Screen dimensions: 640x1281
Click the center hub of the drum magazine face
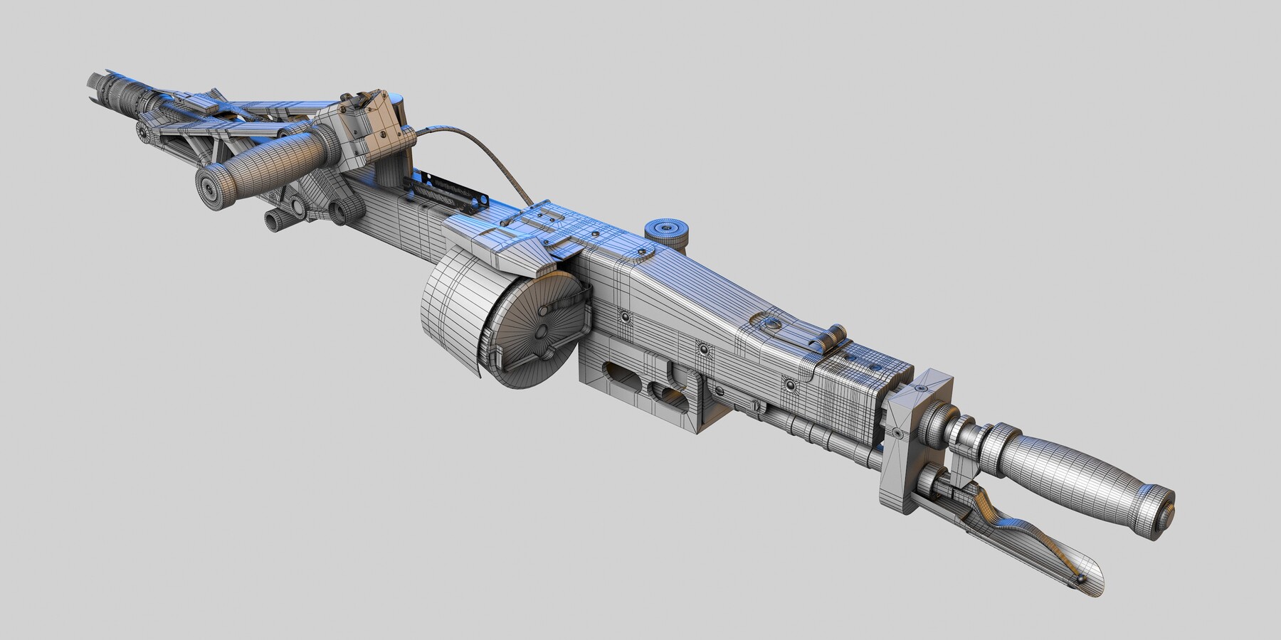tap(541, 332)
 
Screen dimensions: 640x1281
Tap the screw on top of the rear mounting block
tap(922, 389)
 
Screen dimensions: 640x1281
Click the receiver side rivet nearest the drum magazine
tap(624, 316)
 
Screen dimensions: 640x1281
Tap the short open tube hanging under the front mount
tap(272, 220)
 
